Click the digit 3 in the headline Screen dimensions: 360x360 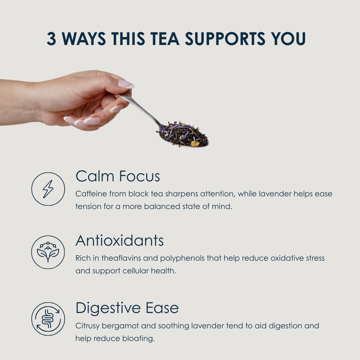coord(51,38)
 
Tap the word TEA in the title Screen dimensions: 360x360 coord(165,38)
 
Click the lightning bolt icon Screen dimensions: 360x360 coord(48,189)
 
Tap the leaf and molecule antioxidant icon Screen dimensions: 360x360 coord(48,252)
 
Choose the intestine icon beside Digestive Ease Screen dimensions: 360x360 coord(48,319)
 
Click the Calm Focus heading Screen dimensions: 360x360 coord(118,176)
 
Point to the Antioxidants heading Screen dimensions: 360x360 coord(119,240)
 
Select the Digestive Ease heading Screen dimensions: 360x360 coord(127,307)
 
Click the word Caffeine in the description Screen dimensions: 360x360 coord(91,193)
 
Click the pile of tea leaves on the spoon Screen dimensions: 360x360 coord(182,134)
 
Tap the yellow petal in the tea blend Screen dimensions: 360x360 coord(195,143)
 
